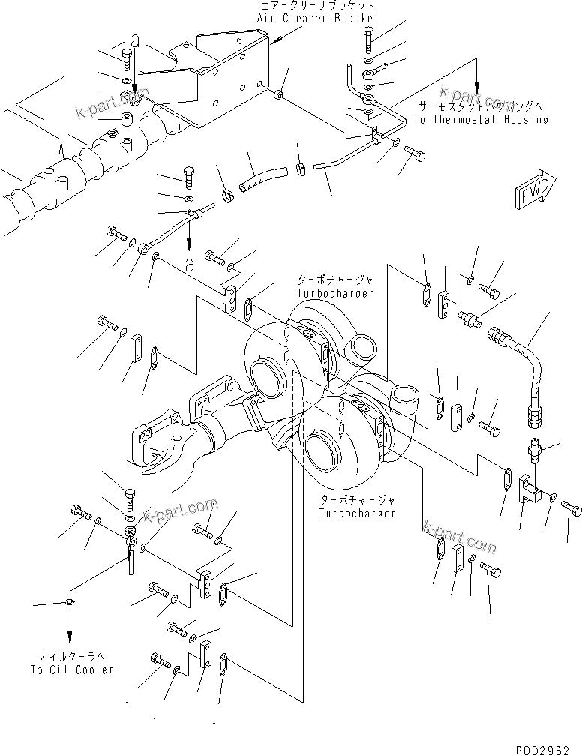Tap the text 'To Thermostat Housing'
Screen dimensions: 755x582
[x=480, y=119]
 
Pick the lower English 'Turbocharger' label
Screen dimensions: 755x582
[x=357, y=513]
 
